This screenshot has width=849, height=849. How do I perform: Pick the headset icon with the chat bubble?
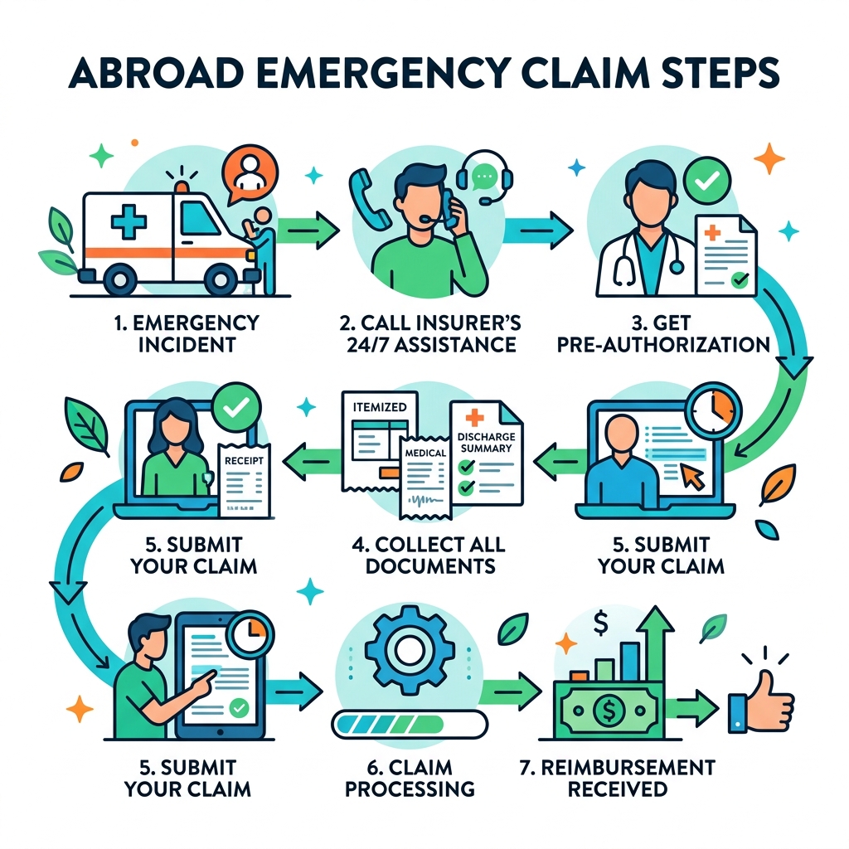[488, 179]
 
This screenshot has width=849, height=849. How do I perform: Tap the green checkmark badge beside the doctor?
[706, 178]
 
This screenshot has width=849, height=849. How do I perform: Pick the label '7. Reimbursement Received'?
[617, 777]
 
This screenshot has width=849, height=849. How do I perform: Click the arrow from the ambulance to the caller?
[308, 226]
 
